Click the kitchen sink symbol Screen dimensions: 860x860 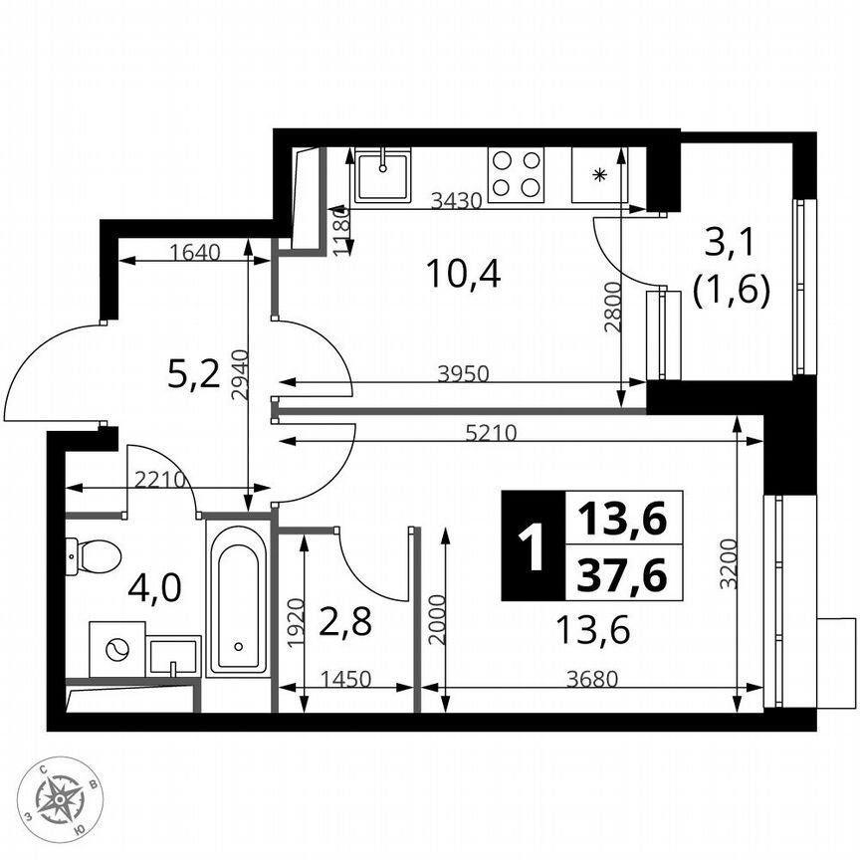383,175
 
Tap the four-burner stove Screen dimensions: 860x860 516,173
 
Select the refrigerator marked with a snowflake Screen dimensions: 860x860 599,175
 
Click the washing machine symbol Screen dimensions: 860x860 116,649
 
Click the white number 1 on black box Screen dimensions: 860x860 533,546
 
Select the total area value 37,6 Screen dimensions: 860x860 623,574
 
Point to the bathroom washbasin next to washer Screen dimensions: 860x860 174,656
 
